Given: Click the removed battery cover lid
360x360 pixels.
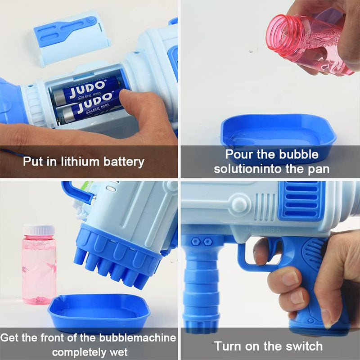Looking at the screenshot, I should click(72, 38).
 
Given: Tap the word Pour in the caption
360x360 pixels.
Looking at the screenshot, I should click(238, 155).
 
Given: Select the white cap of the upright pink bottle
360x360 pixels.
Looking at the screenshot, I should click(39, 230).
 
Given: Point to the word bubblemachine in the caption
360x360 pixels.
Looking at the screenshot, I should click(137, 337).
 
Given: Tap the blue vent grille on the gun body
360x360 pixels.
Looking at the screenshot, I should click(301, 200).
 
